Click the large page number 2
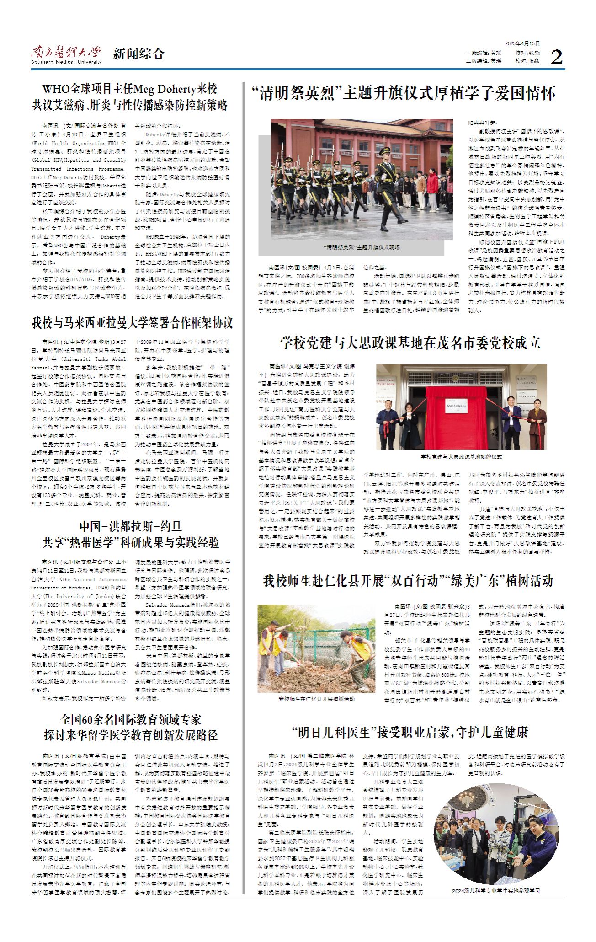pyautogui.click(x=556, y=57)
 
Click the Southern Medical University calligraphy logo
pyautogui.click(x=66, y=52)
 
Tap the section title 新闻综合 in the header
pyautogui.click(x=138, y=54)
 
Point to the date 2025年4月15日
pyautogui.click(x=522, y=43)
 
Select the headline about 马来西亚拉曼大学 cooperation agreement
pyautogui.click(x=132, y=323)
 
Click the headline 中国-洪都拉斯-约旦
pyautogui.click(x=131, y=526)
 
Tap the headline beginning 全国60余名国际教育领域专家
pyautogui.click(x=131, y=720)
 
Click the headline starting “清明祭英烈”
pyautogui.click(x=404, y=94)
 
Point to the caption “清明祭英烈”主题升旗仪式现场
pyautogui.click(x=362, y=247)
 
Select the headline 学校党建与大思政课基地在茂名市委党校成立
pyautogui.click(x=410, y=343)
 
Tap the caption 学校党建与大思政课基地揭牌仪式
pyautogui.click(x=461, y=457)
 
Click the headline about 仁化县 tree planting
pyautogui.click(x=408, y=581)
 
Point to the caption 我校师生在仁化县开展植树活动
pyautogui.click(x=316, y=699)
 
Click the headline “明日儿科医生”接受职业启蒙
pyautogui.click(x=410, y=732)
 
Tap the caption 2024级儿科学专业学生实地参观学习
pyautogui.click(x=496, y=891)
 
